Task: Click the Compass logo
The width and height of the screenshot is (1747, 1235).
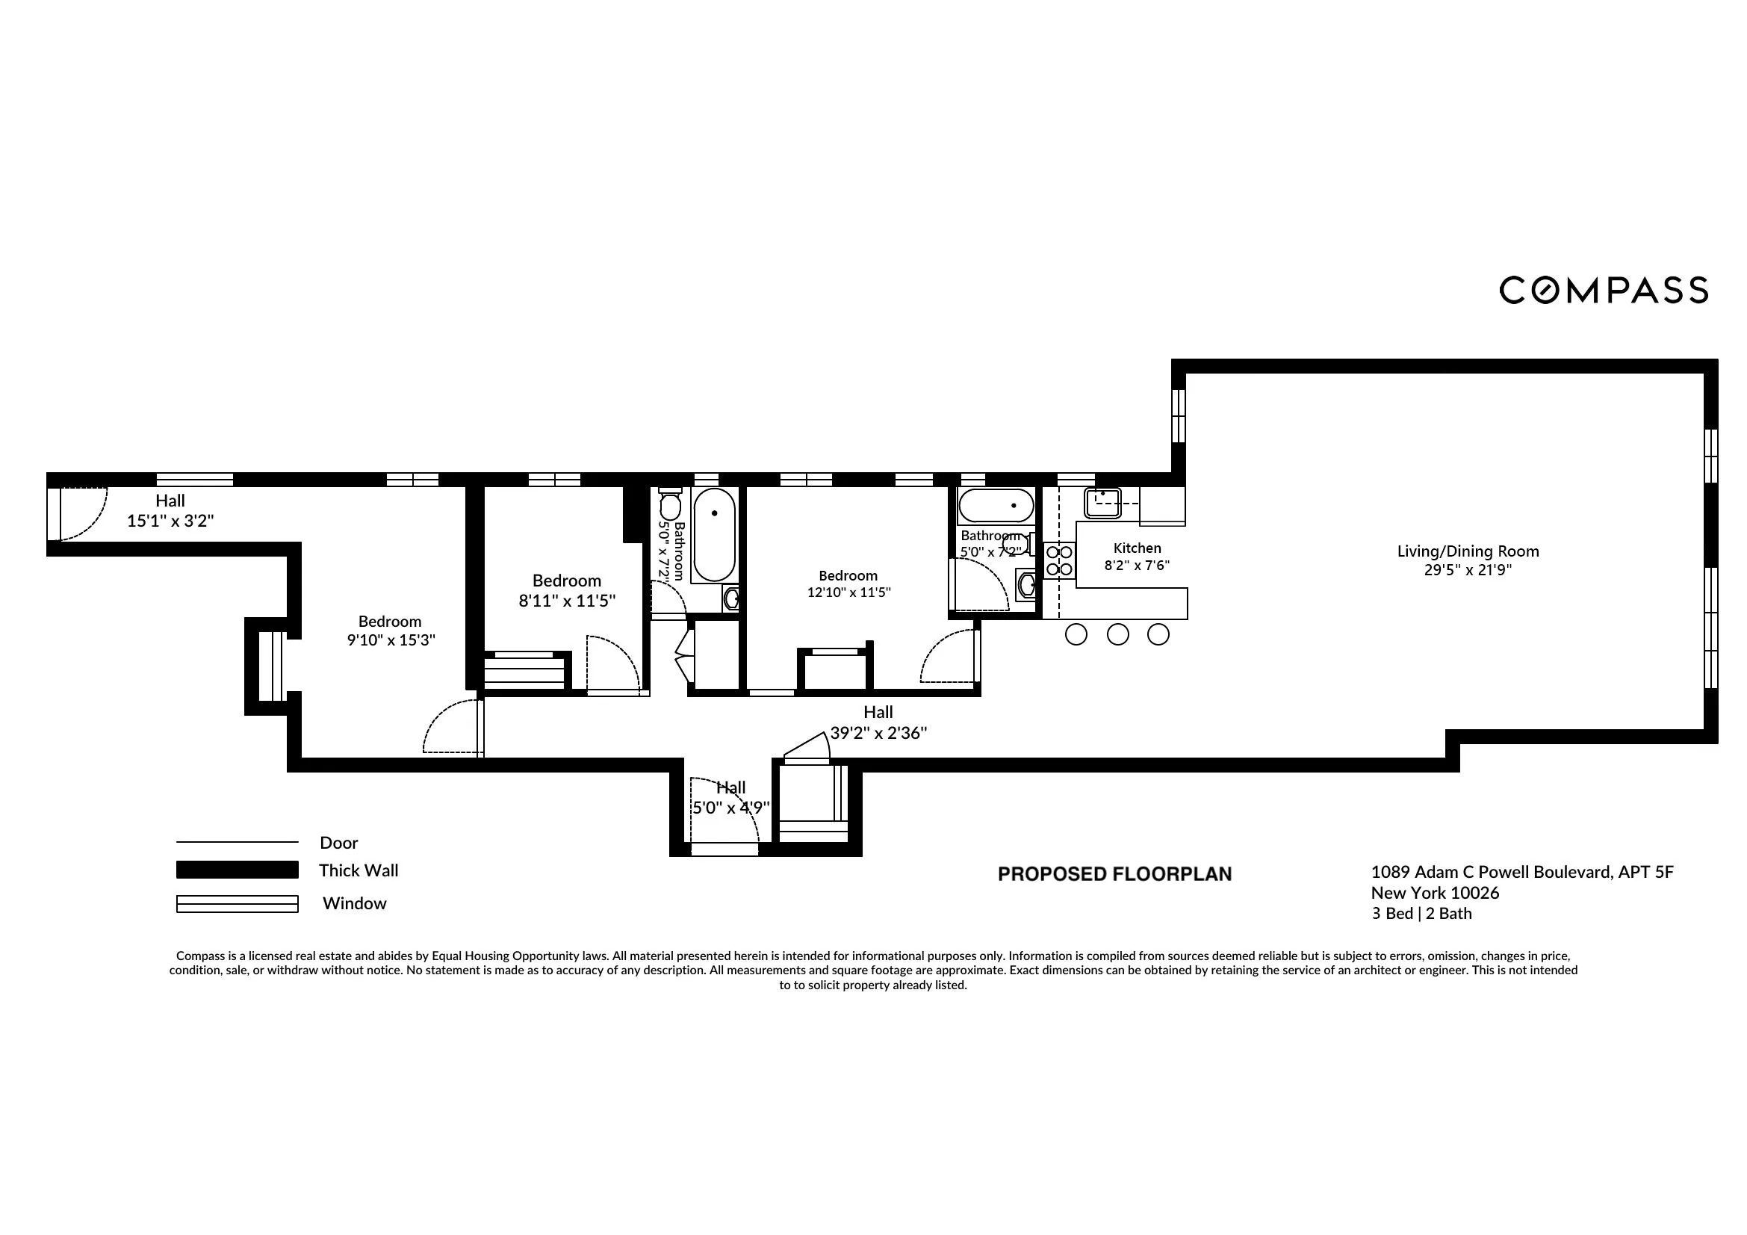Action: [1603, 290]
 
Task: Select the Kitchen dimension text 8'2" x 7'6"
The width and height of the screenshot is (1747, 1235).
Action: [1137, 566]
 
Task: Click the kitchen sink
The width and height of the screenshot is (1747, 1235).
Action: [1102, 502]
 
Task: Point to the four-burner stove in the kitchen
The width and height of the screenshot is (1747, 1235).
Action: [1059, 560]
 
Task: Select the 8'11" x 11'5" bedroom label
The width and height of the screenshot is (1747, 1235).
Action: [567, 590]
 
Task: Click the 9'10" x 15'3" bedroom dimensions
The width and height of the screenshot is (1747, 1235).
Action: [391, 640]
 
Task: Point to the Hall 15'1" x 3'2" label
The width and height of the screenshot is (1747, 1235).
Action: [170, 510]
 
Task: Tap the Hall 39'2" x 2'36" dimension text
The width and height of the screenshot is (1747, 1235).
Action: [878, 733]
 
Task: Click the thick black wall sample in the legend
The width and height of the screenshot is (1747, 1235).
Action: [237, 870]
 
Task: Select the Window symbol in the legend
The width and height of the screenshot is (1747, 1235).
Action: [237, 903]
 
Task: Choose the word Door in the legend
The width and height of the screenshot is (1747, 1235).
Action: [338, 842]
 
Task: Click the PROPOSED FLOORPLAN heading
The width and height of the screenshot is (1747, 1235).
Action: [1114, 874]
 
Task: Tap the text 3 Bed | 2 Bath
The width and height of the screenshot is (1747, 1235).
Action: [1421, 914]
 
